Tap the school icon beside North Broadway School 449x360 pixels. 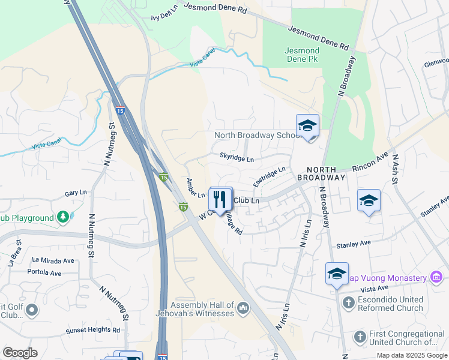[x=307, y=125]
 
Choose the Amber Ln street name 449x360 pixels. [x=196, y=188]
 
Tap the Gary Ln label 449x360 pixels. [x=76, y=194]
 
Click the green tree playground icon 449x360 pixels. [x=62, y=217]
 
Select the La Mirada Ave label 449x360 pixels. [x=53, y=260]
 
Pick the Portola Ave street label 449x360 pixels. [x=44, y=272]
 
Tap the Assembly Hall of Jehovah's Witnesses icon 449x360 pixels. [x=243, y=308]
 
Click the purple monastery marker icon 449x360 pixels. [x=436, y=277]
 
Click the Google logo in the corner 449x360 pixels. [x=20, y=353]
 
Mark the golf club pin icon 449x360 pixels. [x=31, y=310]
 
